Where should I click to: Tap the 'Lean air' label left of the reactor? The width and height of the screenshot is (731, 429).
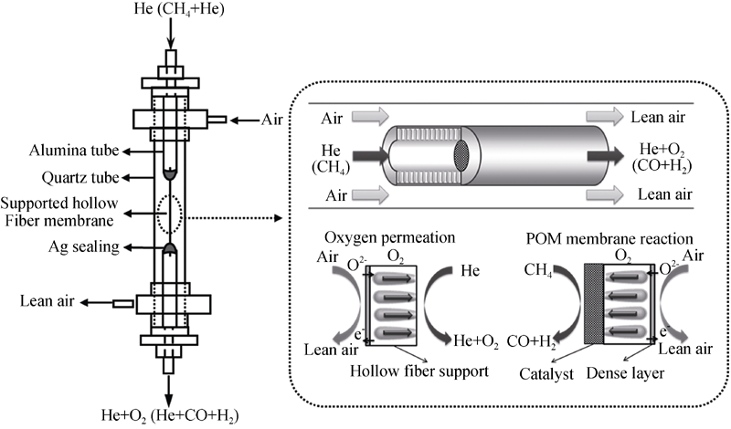(x=42, y=301)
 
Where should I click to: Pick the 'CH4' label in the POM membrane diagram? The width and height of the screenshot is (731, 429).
(x=536, y=270)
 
